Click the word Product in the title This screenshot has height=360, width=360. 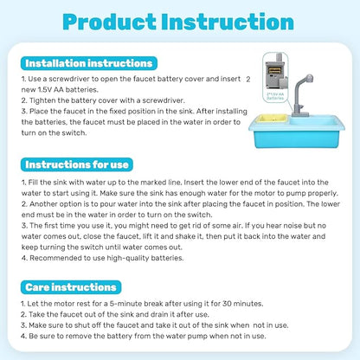coord(118,23)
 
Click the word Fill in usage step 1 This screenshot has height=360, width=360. coord(35,184)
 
